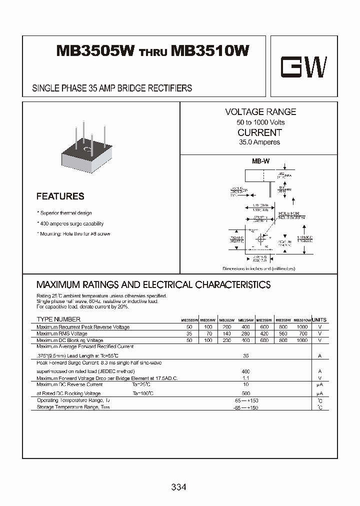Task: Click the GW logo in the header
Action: coord(303,66)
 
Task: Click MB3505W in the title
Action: coord(95,51)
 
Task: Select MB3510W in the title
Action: coord(210,51)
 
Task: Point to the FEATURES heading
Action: coord(60,196)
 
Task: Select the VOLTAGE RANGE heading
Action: coord(260,112)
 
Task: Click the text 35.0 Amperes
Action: coord(259,142)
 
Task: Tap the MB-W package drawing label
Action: coord(259,162)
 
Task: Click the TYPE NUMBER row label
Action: coord(58,319)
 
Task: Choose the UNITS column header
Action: coord(319,319)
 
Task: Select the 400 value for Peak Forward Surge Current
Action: coord(245,371)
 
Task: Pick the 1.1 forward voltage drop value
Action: coord(245,378)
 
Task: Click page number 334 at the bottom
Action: coord(178,486)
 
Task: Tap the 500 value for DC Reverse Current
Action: coord(245,393)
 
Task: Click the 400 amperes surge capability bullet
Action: coord(71,223)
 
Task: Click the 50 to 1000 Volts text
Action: coord(260,122)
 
